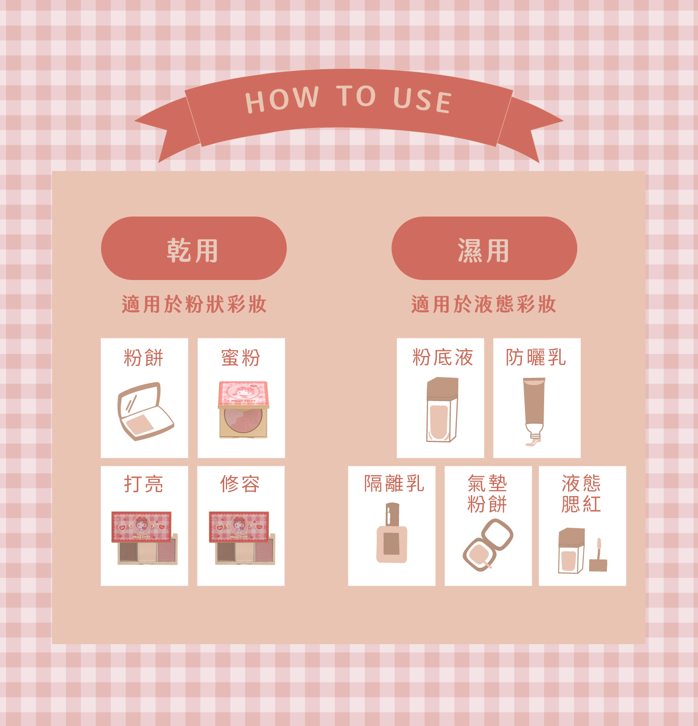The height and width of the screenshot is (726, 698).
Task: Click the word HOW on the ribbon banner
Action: pos(282,99)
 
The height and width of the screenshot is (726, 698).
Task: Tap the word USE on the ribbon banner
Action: pos(422,100)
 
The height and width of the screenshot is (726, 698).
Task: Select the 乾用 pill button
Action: pos(194,248)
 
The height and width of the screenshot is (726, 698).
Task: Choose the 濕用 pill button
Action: pos(484,248)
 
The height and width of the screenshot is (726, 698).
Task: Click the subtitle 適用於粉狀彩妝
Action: pos(194,304)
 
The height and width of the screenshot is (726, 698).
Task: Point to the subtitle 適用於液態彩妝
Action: pos(483,304)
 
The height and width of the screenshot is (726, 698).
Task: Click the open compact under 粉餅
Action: pos(146,411)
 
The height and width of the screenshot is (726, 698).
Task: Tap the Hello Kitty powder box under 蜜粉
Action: pos(243,410)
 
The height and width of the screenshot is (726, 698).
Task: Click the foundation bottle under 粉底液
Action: pos(442,410)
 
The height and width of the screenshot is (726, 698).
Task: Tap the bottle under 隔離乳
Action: pos(392,533)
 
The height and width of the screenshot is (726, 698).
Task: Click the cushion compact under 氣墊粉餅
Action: pos(488,545)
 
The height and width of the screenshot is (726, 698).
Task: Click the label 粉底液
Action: pos(443,357)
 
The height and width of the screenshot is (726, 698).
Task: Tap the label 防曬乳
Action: pos(536,357)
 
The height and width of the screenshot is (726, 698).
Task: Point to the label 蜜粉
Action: pos(241,358)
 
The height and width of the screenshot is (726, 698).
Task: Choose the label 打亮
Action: pos(143,484)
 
